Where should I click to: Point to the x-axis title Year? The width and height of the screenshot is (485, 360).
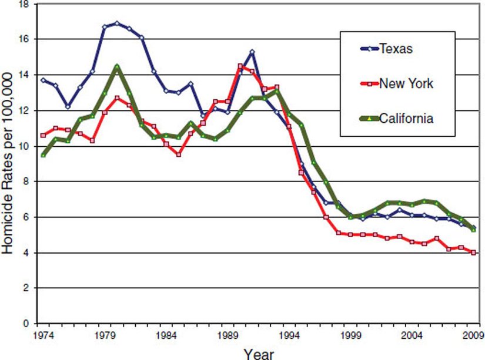click(259, 353)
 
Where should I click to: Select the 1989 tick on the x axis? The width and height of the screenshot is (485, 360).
click(226, 336)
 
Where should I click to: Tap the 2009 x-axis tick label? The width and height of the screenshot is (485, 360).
click(472, 336)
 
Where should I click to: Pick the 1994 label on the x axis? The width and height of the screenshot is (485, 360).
click(288, 336)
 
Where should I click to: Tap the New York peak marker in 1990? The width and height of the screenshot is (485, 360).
click(240, 66)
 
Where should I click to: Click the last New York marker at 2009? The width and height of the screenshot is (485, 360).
click(473, 253)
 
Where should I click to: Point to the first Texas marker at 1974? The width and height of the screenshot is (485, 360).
click(43, 80)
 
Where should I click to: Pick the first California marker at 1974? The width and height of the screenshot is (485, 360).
click(43, 155)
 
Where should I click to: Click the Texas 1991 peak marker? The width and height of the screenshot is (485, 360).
click(252, 52)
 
